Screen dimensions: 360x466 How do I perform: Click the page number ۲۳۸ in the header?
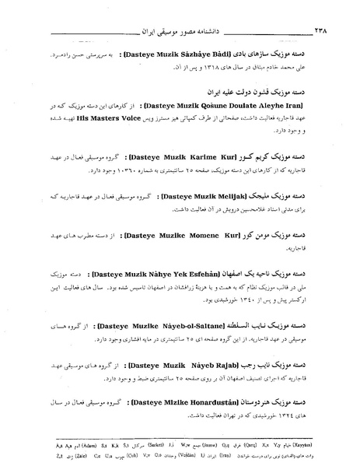338,34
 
